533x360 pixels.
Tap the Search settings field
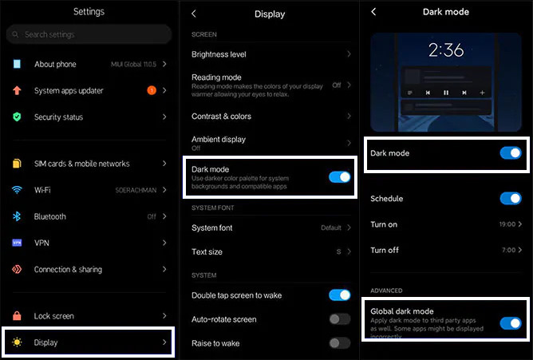tap(89, 34)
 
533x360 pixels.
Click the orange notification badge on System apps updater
tap(152, 90)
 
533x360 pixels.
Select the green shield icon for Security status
tap(17, 117)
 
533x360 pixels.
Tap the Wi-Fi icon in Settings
tap(17, 190)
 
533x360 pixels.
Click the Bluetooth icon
tap(17, 216)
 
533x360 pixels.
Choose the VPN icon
tap(17, 243)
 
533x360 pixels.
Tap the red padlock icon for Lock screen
tap(17, 316)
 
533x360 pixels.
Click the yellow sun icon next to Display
tap(17, 342)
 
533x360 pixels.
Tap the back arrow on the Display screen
tap(194, 14)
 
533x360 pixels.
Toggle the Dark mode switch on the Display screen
tap(340, 177)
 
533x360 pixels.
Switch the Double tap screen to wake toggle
tap(340, 295)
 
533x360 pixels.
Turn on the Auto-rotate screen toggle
tap(340, 319)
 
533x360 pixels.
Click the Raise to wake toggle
tap(340, 343)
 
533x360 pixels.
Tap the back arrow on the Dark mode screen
tap(373, 12)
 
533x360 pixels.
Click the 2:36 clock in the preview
tap(446, 50)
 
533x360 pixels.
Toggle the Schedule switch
tap(511, 198)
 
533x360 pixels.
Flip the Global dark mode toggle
tap(511, 323)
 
